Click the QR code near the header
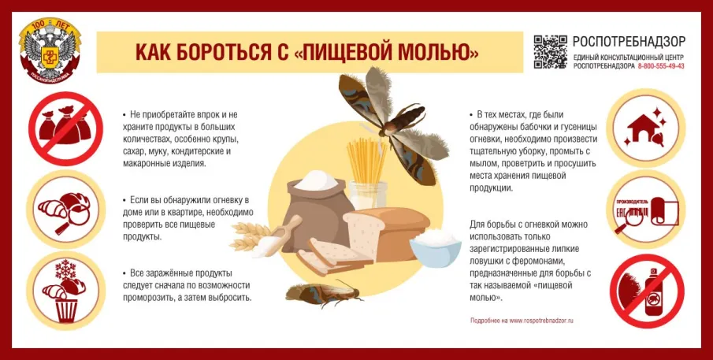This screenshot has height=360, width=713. [x=550, y=52]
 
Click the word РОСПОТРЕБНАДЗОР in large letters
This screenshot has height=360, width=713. [x=629, y=42]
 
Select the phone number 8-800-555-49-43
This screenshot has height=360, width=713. [x=660, y=66]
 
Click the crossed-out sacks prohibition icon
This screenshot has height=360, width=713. [x=61, y=128]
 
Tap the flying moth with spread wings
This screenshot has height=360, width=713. [x=386, y=114]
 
